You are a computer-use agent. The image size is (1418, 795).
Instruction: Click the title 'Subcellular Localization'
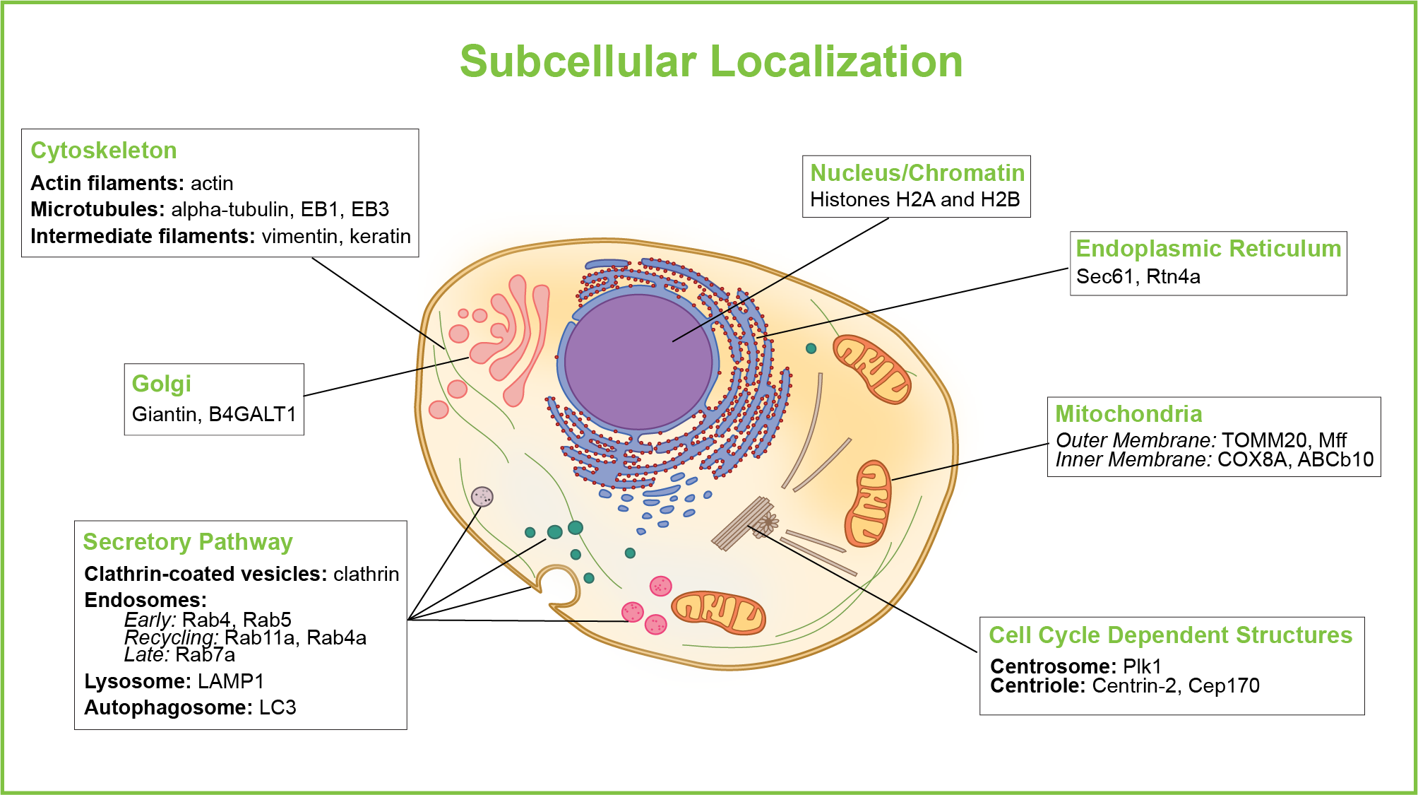coord(711,61)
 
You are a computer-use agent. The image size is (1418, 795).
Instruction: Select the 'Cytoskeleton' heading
coord(104,151)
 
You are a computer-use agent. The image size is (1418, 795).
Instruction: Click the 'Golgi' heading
coord(161,384)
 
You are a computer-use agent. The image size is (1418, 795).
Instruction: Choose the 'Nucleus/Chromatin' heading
coord(917,173)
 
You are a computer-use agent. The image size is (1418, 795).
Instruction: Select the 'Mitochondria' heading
coord(1128,414)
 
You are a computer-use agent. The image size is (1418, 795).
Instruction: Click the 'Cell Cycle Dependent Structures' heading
coord(1170,635)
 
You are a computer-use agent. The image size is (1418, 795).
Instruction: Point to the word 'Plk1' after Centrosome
coord(1142,666)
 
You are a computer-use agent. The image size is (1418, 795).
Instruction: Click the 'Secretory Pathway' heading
coord(187,542)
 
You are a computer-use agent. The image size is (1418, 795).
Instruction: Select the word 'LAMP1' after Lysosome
coord(230,681)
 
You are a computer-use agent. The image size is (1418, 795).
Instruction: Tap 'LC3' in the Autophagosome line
coord(278,707)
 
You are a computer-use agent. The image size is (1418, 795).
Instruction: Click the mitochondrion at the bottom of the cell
coord(717,612)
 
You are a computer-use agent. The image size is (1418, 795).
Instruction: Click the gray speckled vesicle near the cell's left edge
coord(482,496)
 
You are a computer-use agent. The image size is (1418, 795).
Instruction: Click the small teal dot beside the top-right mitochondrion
coord(811,348)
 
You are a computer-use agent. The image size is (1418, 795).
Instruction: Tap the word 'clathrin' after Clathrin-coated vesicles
coord(366,574)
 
